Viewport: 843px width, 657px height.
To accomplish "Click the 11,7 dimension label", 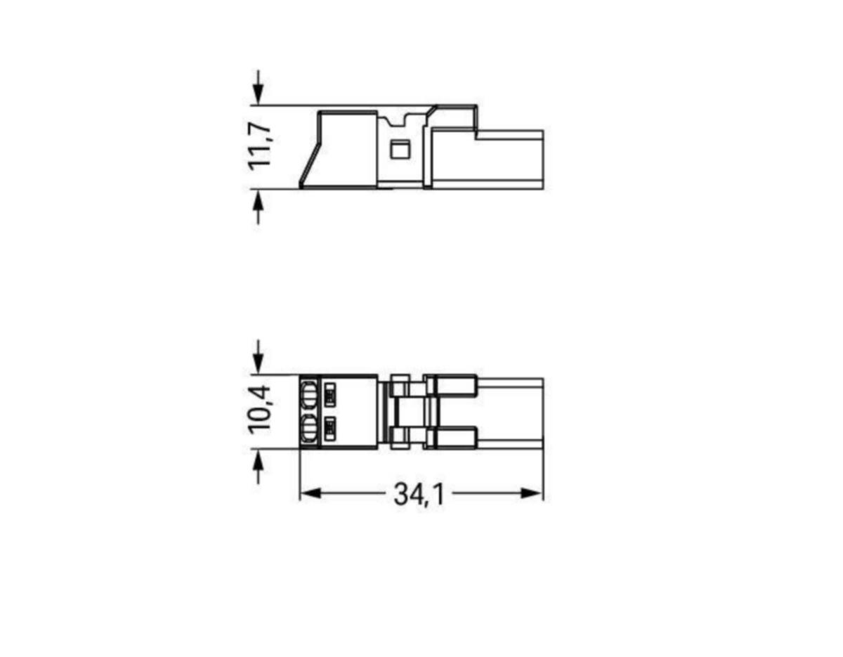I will [x=260, y=145].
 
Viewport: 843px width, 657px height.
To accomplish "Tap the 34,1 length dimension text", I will [x=419, y=495].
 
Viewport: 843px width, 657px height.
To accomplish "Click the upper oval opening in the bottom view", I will [x=308, y=395].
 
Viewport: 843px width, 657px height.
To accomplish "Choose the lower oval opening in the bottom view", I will [x=308, y=428].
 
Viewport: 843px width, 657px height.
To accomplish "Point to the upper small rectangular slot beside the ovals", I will [x=330, y=395].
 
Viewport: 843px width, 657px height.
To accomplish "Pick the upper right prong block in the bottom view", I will [x=455, y=386].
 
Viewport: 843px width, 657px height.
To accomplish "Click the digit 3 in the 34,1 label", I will [x=401, y=495].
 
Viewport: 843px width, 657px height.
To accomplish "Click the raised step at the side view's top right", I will [x=455, y=117].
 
